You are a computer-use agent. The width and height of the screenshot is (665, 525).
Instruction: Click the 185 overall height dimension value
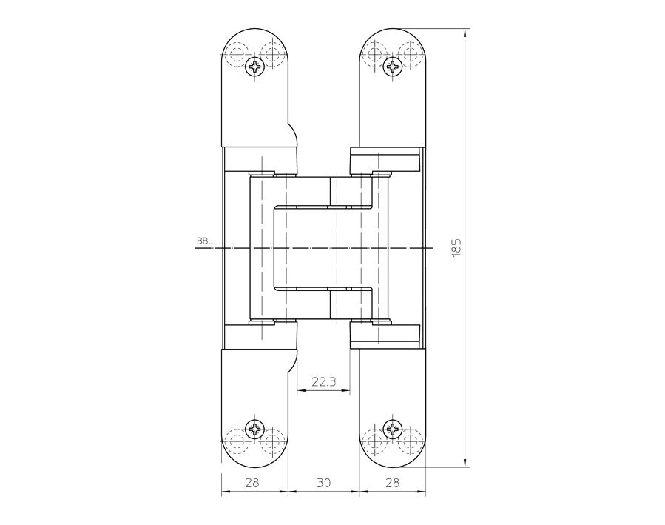coord(456,247)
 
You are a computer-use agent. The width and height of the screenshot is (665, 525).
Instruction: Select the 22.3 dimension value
coord(323,382)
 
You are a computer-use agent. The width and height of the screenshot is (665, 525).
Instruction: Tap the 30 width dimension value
coord(323,483)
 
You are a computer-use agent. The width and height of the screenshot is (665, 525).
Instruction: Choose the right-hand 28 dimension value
coord(393,483)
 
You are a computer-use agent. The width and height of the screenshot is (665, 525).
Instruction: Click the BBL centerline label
coord(204,241)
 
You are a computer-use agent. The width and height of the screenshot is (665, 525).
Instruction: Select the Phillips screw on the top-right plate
coord(393,67)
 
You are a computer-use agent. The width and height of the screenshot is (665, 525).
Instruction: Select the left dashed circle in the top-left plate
coord(237,53)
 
